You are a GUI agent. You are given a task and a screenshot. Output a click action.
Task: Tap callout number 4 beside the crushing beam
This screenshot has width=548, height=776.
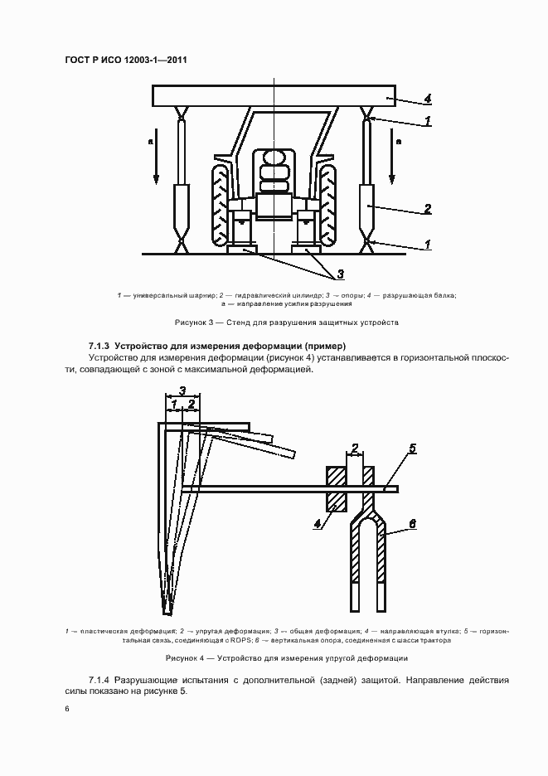(x=428, y=99)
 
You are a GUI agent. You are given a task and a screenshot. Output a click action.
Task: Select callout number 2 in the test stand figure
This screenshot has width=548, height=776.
(x=428, y=209)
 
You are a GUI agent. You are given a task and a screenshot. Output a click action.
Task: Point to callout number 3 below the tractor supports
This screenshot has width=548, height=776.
(x=341, y=273)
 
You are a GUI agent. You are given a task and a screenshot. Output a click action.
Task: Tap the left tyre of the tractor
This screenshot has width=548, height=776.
(x=221, y=202)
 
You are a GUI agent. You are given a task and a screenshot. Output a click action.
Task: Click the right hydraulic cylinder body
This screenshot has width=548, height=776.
(x=367, y=206)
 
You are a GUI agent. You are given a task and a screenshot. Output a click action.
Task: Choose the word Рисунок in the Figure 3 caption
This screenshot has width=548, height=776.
(x=191, y=323)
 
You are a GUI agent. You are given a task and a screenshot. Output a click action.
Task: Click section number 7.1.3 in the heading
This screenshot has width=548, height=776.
(x=99, y=345)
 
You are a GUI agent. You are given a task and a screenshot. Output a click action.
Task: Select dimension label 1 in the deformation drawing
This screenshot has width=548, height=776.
(x=174, y=404)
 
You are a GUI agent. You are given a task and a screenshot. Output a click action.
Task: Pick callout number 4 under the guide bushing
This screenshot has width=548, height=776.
(x=318, y=523)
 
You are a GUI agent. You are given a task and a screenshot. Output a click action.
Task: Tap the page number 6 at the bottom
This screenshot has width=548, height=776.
(x=67, y=710)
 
